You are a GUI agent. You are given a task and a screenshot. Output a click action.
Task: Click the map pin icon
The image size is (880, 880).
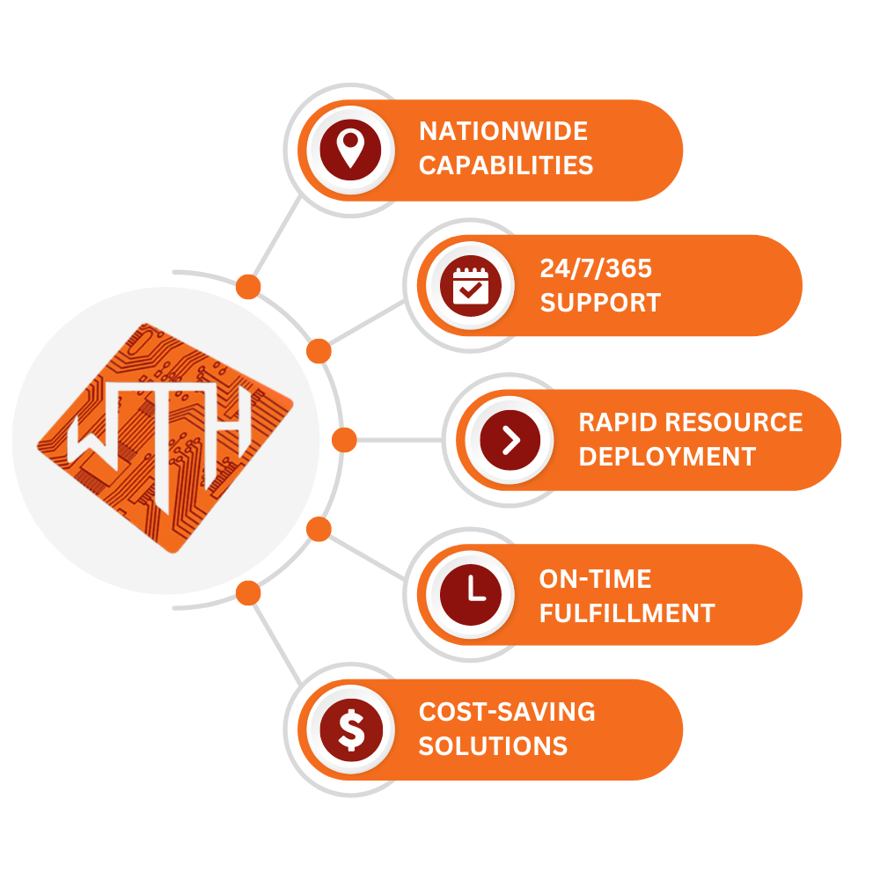click(x=351, y=150)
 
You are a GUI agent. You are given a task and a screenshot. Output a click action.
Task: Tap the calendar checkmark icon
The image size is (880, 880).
click(x=470, y=285)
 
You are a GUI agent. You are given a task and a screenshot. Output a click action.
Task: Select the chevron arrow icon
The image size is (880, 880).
click(x=510, y=440)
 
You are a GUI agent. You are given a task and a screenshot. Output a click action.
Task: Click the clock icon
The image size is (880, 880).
click(x=470, y=594)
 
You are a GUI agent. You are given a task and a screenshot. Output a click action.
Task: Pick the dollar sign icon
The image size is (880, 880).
click(x=351, y=730)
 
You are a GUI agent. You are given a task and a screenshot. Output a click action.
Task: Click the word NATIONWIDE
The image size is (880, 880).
click(x=503, y=131)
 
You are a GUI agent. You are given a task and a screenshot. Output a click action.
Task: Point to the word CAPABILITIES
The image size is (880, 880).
click(x=506, y=165)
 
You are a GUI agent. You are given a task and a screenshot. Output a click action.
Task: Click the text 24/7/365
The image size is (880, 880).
click(x=596, y=268)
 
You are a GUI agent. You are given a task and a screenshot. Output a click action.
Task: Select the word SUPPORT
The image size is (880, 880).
click(x=600, y=303)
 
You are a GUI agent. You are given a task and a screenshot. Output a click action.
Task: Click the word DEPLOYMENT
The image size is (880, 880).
click(x=667, y=457)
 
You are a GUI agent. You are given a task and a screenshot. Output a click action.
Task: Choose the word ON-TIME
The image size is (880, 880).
click(x=595, y=579)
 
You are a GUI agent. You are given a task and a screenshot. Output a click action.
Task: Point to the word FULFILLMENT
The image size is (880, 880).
click(x=627, y=613)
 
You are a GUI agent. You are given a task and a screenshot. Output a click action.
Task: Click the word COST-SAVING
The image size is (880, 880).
click(x=507, y=712)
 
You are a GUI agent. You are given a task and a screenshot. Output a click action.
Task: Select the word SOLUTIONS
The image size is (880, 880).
click(x=493, y=746)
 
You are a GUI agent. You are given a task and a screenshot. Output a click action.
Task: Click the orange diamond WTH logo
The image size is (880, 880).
click(x=165, y=438)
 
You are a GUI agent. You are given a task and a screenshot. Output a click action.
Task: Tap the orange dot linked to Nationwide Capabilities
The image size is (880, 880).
click(x=248, y=287)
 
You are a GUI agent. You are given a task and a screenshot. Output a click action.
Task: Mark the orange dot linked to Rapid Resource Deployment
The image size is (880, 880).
click(x=344, y=440)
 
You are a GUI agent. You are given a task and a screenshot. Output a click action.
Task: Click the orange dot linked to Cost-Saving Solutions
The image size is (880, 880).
click(x=248, y=593)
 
